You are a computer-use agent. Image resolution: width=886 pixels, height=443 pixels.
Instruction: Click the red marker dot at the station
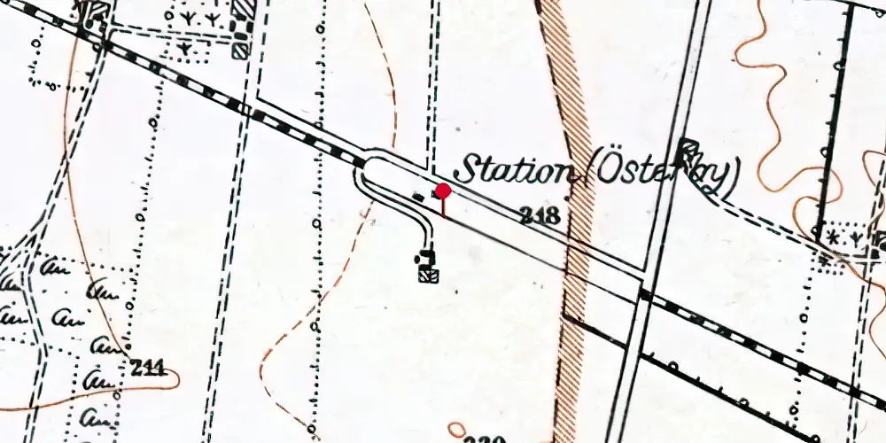tap(443, 190)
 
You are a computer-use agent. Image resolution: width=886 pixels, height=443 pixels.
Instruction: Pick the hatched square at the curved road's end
tap(430, 275)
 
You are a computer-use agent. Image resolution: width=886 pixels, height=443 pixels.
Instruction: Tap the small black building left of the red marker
tap(418, 194)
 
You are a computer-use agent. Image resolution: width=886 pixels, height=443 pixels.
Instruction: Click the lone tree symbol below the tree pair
tap(184, 47)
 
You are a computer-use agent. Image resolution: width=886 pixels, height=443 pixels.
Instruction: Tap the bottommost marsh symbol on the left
tap(94, 415)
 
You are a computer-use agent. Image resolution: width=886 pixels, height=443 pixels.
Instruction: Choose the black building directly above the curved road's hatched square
tap(428, 259)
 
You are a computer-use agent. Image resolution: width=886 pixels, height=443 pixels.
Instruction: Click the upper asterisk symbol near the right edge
tap(833, 237)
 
